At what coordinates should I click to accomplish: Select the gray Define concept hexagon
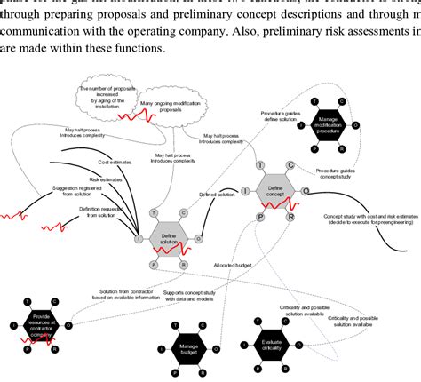click(275, 188)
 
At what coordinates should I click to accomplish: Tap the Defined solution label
click(218, 195)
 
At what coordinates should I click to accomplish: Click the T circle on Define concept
click(260, 165)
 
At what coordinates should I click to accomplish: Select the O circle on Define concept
click(306, 190)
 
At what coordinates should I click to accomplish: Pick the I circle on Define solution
click(139, 238)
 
